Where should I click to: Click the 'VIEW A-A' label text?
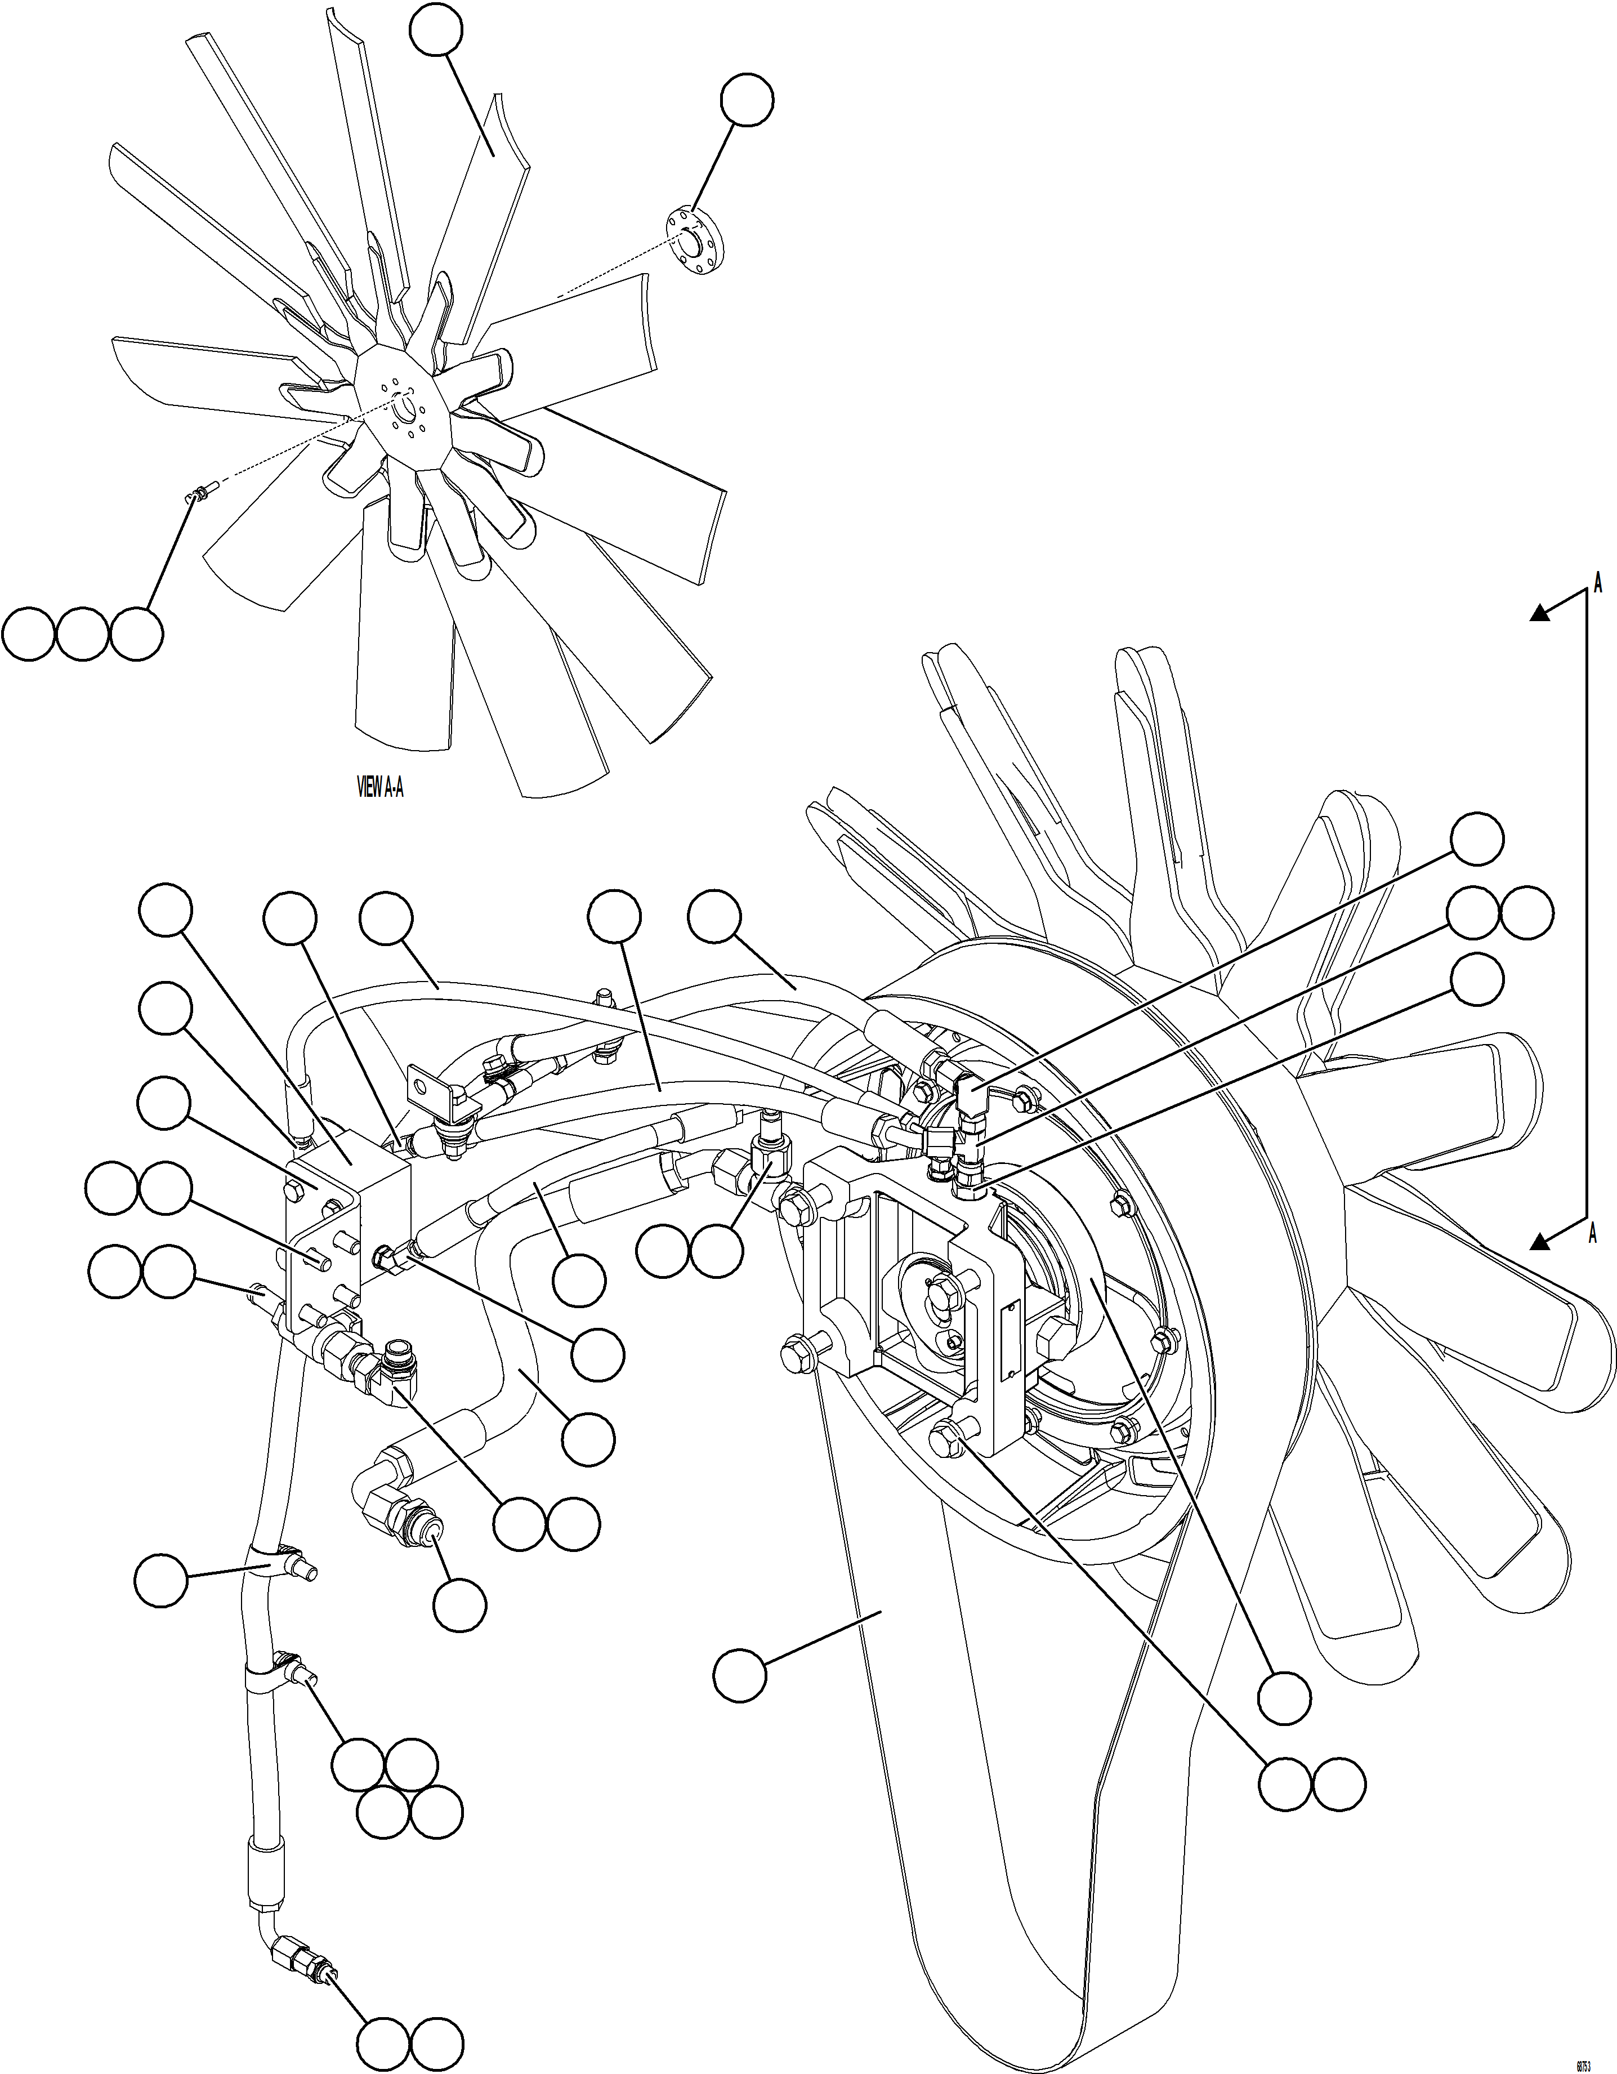point(380,787)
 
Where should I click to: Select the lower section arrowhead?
point(1540,1240)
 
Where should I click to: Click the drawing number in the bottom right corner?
point(1583,2059)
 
